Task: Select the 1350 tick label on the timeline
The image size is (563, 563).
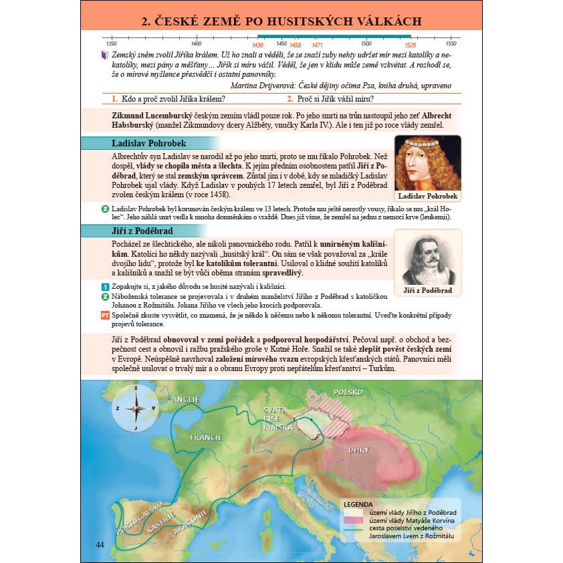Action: (x=112, y=44)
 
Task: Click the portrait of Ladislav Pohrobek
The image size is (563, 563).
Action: (x=427, y=163)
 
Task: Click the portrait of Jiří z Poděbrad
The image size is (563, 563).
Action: (x=427, y=257)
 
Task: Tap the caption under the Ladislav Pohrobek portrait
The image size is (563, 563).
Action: (x=427, y=197)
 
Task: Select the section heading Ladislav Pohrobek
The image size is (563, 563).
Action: (x=148, y=143)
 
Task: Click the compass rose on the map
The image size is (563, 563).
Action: (x=135, y=407)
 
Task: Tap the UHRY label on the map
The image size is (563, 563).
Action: (x=358, y=450)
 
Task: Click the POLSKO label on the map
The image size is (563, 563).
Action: (x=348, y=393)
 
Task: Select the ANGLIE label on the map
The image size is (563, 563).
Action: (x=186, y=400)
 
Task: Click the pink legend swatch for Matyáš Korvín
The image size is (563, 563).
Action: (x=353, y=520)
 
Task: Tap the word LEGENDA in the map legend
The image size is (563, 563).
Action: (x=357, y=504)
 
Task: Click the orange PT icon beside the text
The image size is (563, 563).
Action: (x=104, y=316)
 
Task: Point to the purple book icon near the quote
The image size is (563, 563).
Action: (x=104, y=55)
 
